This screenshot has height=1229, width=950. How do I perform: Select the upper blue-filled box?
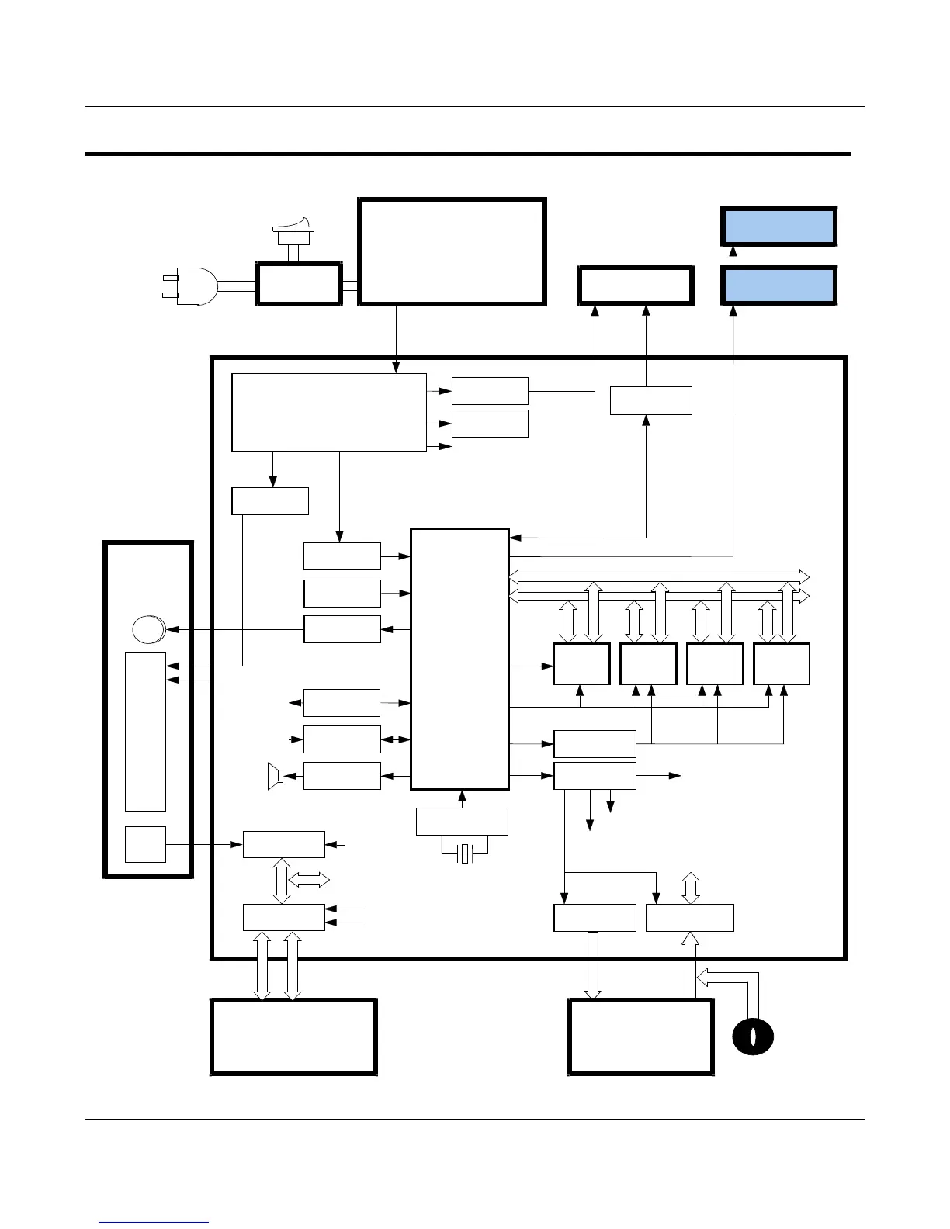(x=778, y=227)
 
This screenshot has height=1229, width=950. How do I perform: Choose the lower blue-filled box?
(x=778, y=286)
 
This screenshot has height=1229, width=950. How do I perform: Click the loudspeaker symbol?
(x=274, y=776)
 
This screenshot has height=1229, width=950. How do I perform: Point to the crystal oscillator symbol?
(x=464, y=854)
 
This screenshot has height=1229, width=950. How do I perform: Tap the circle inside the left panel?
(x=147, y=628)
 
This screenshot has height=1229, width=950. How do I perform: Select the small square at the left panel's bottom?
(x=145, y=844)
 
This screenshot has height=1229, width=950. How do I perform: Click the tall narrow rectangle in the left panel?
(x=145, y=732)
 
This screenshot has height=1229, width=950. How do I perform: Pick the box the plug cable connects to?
(x=299, y=285)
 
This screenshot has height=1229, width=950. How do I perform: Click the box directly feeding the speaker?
(x=342, y=776)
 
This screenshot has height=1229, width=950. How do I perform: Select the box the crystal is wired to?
(x=462, y=821)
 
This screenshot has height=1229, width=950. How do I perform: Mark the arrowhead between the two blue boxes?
(x=733, y=251)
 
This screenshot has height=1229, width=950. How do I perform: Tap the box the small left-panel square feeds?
(x=283, y=844)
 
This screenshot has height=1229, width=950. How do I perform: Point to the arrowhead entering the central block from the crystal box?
(x=462, y=795)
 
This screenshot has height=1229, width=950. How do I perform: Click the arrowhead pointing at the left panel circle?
(x=172, y=629)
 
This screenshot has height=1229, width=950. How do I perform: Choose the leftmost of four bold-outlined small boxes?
(x=581, y=663)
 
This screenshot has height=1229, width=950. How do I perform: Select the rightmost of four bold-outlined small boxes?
(x=782, y=663)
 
